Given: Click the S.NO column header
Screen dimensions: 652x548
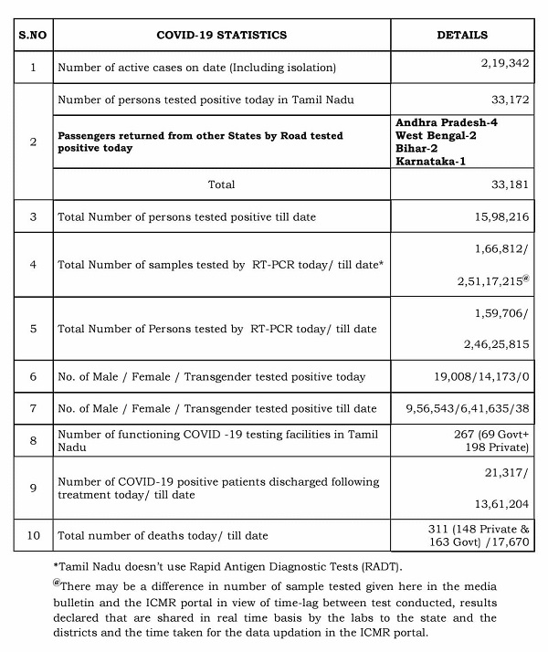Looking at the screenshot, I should [x=32, y=35].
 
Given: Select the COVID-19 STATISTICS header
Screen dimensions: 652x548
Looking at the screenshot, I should [x=221, y=35].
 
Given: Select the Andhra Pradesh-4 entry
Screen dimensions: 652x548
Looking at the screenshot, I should [x=447, y=121].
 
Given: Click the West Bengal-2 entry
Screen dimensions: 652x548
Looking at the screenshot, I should [x=437, y=134].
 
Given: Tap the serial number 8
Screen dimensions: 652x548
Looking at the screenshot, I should [x=32, y=440].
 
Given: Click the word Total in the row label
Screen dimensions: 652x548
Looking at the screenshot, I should [x=221, y=184].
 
